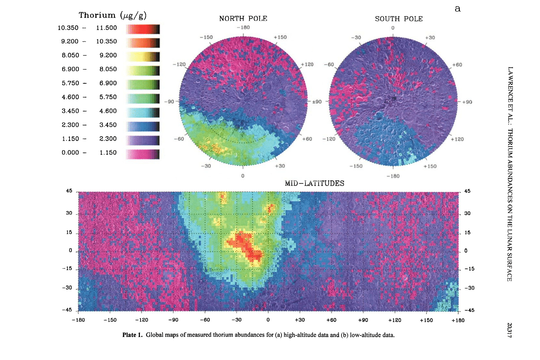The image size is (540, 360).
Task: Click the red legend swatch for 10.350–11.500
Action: point(143,29)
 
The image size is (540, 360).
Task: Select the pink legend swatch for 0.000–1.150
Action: point(143,154)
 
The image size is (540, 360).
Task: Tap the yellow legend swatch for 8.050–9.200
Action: point(143,57)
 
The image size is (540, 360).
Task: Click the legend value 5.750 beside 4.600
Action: point(108,97)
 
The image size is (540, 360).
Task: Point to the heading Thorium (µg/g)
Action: point(113,15)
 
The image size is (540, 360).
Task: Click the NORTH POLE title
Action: point(243,19)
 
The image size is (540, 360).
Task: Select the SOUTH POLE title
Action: point(399,19)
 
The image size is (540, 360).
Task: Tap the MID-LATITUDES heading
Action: point(314,183)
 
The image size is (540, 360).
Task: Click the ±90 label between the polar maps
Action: point(317,102)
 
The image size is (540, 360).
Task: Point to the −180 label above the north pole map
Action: point(243,27)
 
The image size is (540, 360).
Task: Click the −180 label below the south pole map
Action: point(393,176)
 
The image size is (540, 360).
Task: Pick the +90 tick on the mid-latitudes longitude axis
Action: point(363,320)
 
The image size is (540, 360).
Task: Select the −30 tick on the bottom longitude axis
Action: point(236,320)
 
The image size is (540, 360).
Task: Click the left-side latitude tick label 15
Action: point(69,232)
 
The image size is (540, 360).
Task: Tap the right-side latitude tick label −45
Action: point(469,310)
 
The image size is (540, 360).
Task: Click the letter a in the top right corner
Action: point(458,9)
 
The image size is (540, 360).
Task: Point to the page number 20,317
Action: point(510,330)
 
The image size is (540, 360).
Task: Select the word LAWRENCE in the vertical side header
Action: point(510,85)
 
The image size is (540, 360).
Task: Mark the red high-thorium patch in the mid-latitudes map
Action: point(247,247)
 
